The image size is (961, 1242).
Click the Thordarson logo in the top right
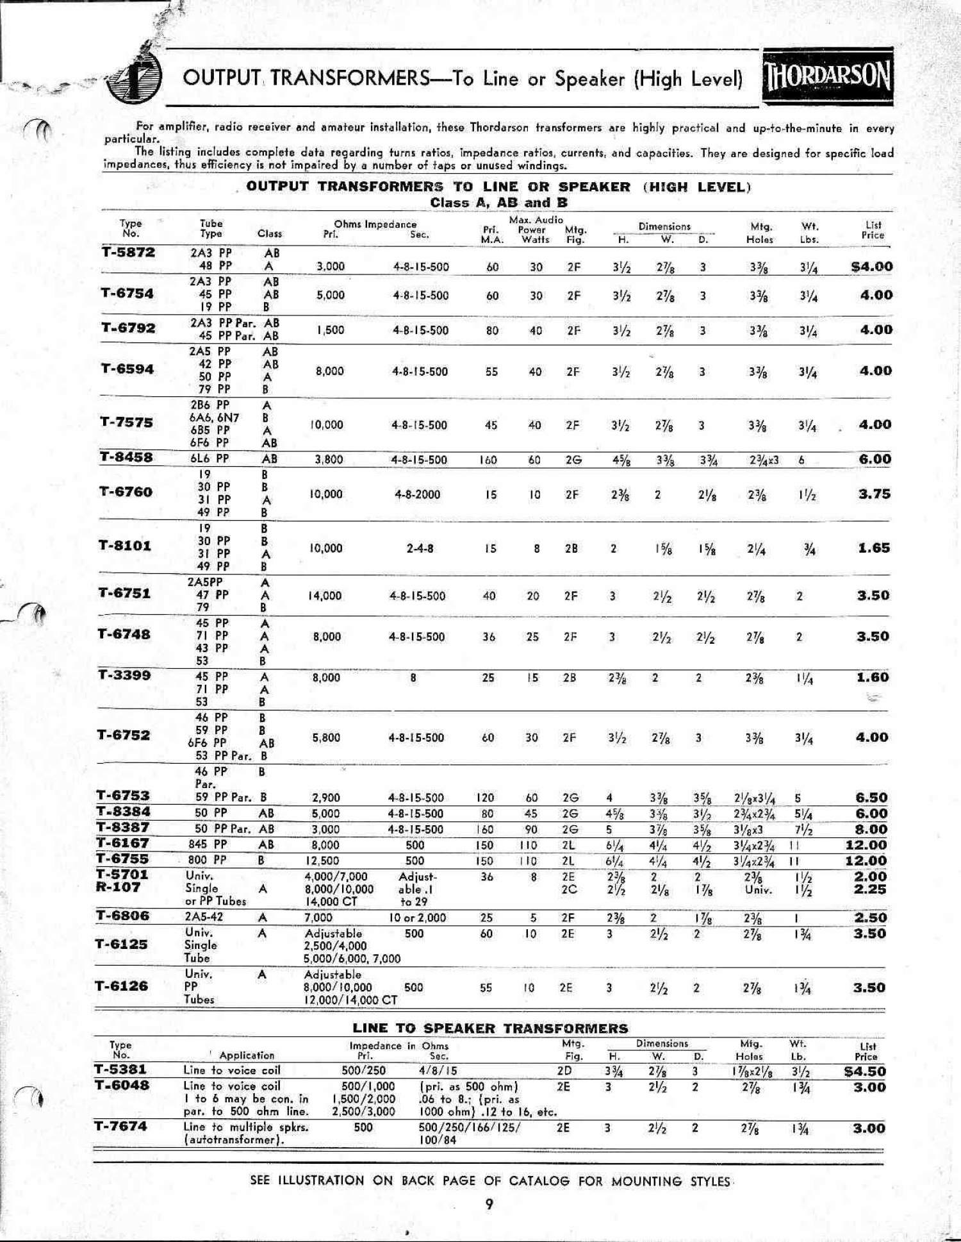[827, 76]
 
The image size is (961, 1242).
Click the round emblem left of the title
[134, 79]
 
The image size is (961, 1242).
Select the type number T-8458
[127, 457]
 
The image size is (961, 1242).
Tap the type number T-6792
[128, 328]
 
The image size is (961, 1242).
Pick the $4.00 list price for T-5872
[871, 267]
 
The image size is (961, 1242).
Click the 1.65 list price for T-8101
[874, 548]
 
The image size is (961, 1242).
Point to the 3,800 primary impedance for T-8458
[329, 459]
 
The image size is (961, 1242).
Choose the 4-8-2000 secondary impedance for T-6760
[417, 494]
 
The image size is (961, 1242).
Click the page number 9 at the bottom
[489, 1204]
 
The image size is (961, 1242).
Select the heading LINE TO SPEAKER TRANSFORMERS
[490, 1028]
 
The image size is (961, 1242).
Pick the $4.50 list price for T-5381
[864, 1071]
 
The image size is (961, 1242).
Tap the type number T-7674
[120, 1126]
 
